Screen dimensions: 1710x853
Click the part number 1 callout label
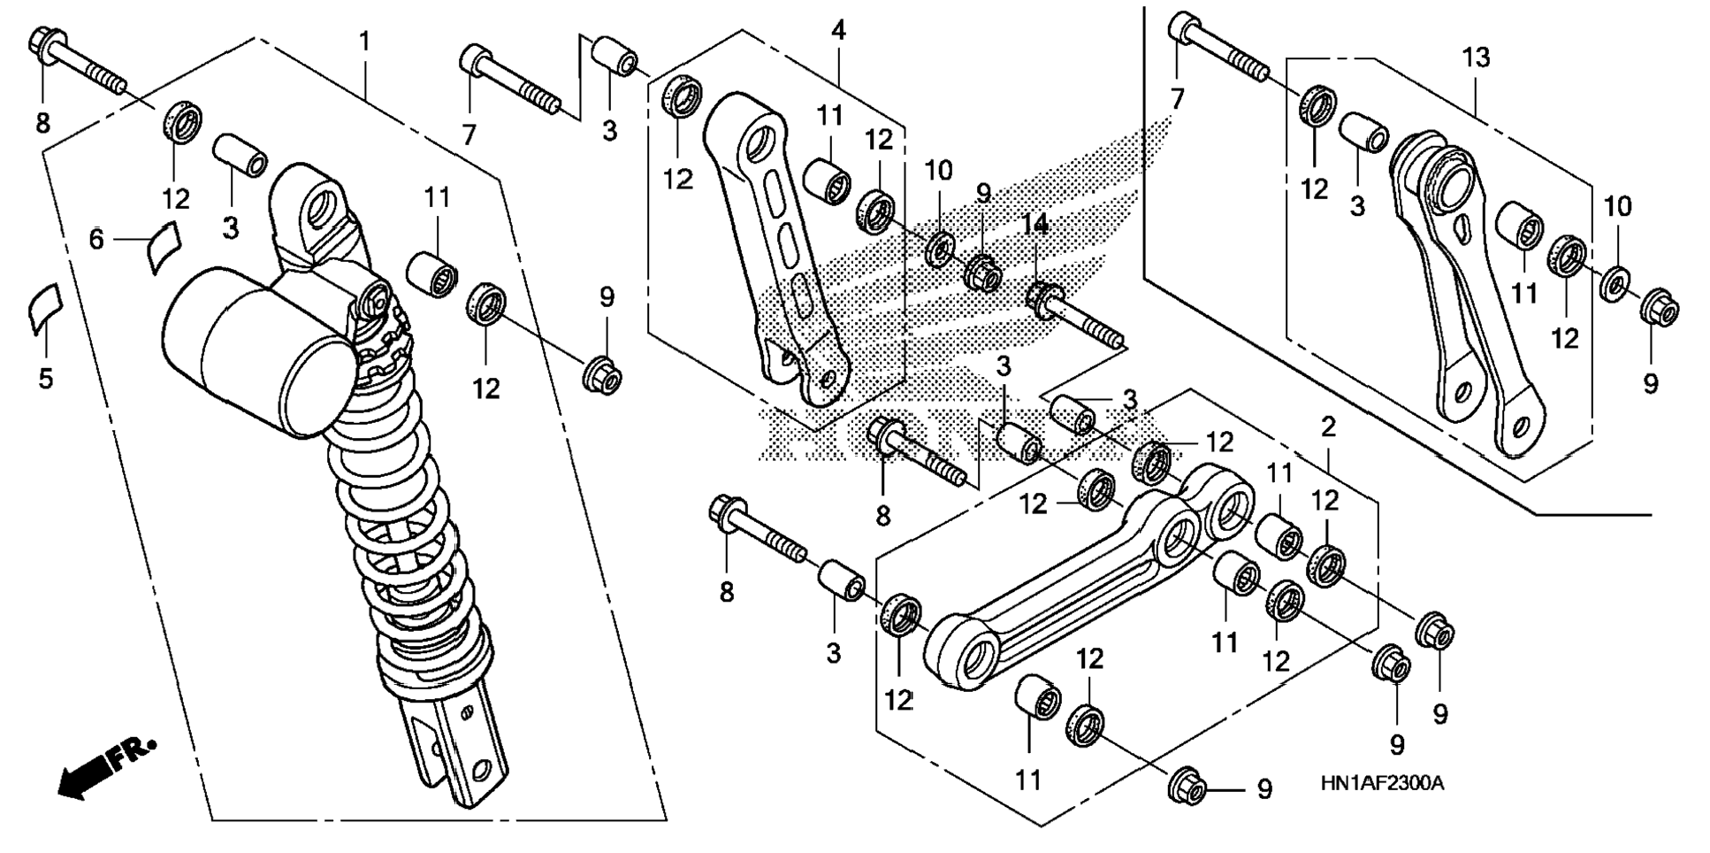[364, 41]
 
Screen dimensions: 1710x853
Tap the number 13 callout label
[1476, 58]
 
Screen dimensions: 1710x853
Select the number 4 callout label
[838, 31]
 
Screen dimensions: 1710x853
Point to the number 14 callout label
[1036, 225]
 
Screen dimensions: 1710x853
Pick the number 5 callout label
[45, 379]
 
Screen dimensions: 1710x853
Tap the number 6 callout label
[96, 239]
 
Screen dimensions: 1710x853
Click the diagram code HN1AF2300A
[1383, 783]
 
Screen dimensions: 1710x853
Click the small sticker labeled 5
[42, 307]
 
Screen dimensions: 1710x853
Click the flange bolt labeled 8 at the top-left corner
[80, 61]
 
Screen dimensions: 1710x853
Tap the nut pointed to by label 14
[1044, 297]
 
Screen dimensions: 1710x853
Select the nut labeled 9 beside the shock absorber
[602, 374]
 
